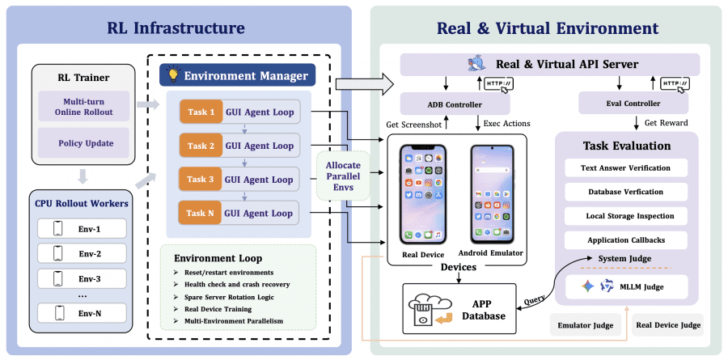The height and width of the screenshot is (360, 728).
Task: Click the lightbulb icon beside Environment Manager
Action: click(171, 75)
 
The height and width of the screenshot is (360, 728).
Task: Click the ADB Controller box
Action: click(455, 103)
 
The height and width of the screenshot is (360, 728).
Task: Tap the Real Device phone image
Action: click(423, 194)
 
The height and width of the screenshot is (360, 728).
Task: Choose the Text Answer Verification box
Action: click(625, 167)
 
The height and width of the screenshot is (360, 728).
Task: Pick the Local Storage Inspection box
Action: click(625, 216)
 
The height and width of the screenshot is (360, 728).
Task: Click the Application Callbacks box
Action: click(625, 240)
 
